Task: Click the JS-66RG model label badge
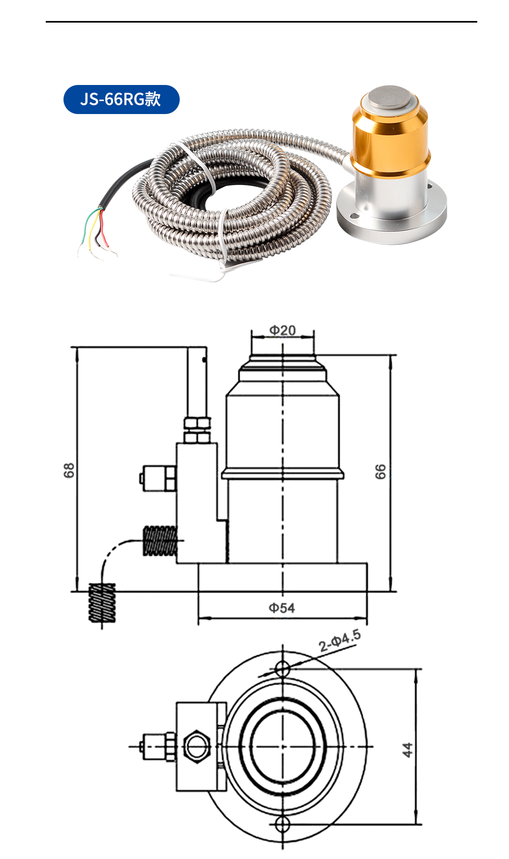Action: pos(121,100)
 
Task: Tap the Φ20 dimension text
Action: pos(282,330)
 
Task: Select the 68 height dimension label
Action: pos(69,470)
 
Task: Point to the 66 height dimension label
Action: pos(380,472)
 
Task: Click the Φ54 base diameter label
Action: pos(282,608)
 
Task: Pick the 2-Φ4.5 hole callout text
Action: pos(339,641)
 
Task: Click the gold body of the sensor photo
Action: pos(390,143)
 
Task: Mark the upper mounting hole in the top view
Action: pos(282,669)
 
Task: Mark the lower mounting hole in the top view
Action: pos(282,823)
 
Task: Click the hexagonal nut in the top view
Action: pos(195,746)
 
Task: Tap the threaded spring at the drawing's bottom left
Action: pos(102,604)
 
